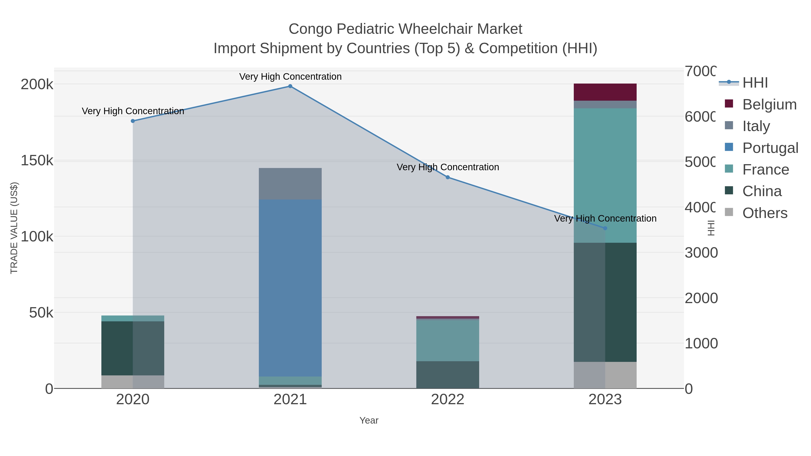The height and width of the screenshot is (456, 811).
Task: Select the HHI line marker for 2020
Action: [133, 121]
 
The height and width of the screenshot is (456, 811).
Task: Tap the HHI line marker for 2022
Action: [448, 177]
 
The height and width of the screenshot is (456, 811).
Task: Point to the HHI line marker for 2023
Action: [605, 228]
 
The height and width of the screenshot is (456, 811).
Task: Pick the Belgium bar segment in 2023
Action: [605, 92]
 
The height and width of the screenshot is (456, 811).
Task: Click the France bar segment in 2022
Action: [447, 340]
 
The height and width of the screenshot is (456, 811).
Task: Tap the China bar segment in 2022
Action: [447, 374]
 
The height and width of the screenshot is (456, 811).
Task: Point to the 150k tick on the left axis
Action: [37, 161]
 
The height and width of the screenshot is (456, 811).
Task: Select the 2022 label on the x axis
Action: [447, 400]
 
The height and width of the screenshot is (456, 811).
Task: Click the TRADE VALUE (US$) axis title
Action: [14, 228]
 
